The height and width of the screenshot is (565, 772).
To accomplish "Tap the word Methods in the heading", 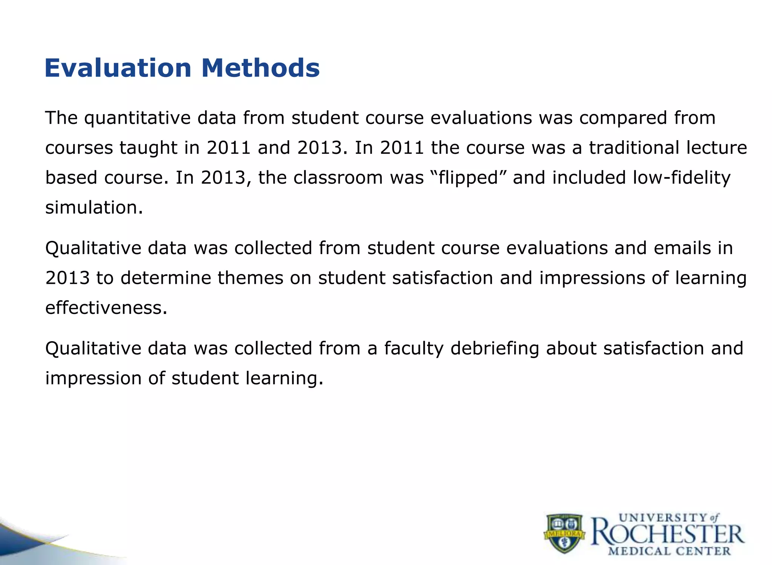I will [260, 68].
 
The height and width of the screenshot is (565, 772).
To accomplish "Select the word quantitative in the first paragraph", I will [137, 118].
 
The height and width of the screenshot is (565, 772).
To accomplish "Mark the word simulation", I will [94, 208].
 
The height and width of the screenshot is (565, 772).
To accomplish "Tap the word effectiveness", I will [106, 308].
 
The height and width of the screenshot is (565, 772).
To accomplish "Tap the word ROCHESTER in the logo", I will [667, 534].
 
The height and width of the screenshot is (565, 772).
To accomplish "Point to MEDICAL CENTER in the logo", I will [669, 551].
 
